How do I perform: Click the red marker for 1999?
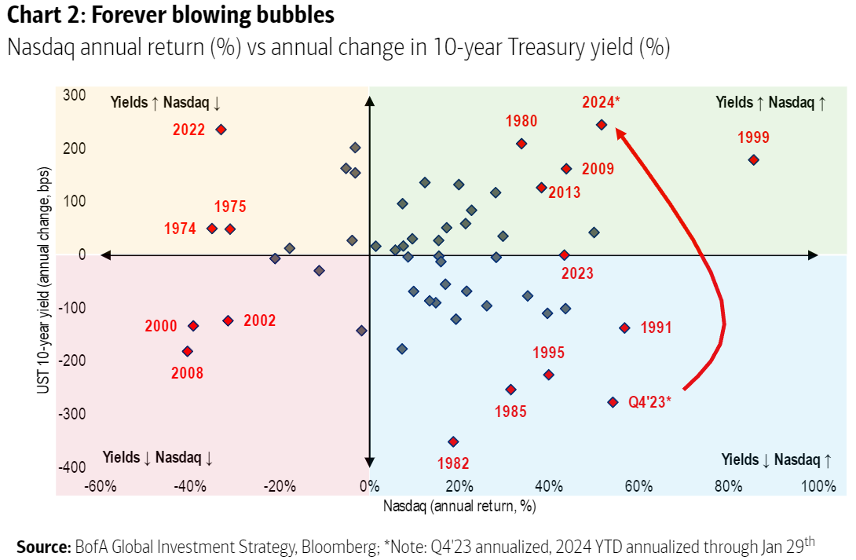pos(753,159)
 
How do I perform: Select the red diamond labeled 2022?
pos(221,130)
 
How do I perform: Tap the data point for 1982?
pos(452,441)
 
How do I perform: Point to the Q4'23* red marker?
pos(613,402)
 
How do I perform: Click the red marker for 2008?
pos(187,351)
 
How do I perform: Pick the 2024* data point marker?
pos(601,124)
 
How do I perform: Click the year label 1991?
pos(657,328)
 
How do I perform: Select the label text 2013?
pos(564,192)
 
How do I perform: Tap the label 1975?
pos(230,207)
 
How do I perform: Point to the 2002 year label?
pos(260,320)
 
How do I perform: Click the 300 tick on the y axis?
pos(75,95)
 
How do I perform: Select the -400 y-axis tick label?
pos(72,467)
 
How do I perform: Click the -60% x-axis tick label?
pos(101,486)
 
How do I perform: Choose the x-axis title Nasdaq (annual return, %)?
pos(459,507)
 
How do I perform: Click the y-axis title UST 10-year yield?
pos(46,291)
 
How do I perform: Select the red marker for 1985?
pos(510,390)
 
